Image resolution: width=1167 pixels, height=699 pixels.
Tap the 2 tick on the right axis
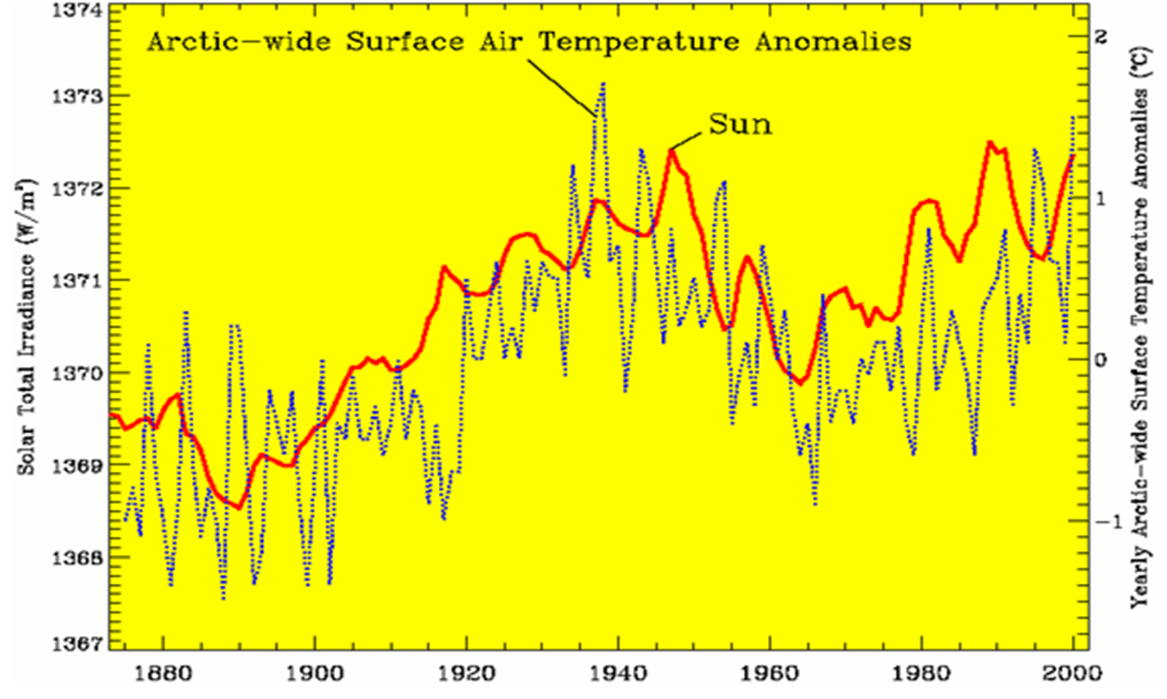tap(1100, 37)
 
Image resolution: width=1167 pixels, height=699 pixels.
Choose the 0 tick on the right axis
tap(1101, 360)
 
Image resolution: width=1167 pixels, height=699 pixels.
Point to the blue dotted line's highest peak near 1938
tap(603, 83)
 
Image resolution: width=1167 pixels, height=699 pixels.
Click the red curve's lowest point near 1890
tap(239, 507)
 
